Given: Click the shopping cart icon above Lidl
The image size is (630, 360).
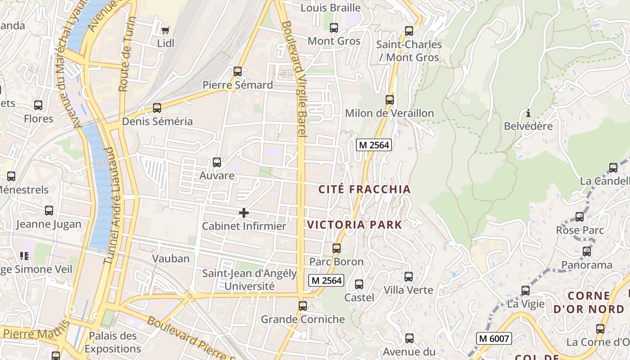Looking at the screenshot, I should coord(165,30).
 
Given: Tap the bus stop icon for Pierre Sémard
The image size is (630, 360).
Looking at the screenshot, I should coord(238,72).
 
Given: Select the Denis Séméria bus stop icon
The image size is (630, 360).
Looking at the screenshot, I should coord(157,108).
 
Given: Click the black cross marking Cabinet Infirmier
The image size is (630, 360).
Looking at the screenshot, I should coord(244,212).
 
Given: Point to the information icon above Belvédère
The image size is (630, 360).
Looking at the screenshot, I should coord(528,113).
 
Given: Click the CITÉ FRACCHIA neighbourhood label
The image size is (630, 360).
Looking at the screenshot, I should coord(364,189).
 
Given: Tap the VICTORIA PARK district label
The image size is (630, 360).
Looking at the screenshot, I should coord(354,225).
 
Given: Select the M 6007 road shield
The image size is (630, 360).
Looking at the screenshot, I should coord(494,338).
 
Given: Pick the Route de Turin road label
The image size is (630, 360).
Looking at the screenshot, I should coord(126,54).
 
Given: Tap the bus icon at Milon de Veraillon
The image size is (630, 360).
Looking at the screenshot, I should coord(390,100).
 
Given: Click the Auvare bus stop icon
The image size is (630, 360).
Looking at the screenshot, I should coord(217,162).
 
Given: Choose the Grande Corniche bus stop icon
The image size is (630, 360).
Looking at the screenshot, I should coord(303,306).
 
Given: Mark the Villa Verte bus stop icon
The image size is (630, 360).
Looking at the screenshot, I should coord(409,277).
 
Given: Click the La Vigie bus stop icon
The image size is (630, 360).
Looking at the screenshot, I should coord(526,291).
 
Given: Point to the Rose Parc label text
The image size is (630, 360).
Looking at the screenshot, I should coord(580,230).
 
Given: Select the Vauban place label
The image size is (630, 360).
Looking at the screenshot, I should coord(171,259).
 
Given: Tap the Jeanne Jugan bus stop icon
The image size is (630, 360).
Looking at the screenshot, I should coord(49,211).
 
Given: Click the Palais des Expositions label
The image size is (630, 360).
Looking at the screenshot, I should coord(112,342).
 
